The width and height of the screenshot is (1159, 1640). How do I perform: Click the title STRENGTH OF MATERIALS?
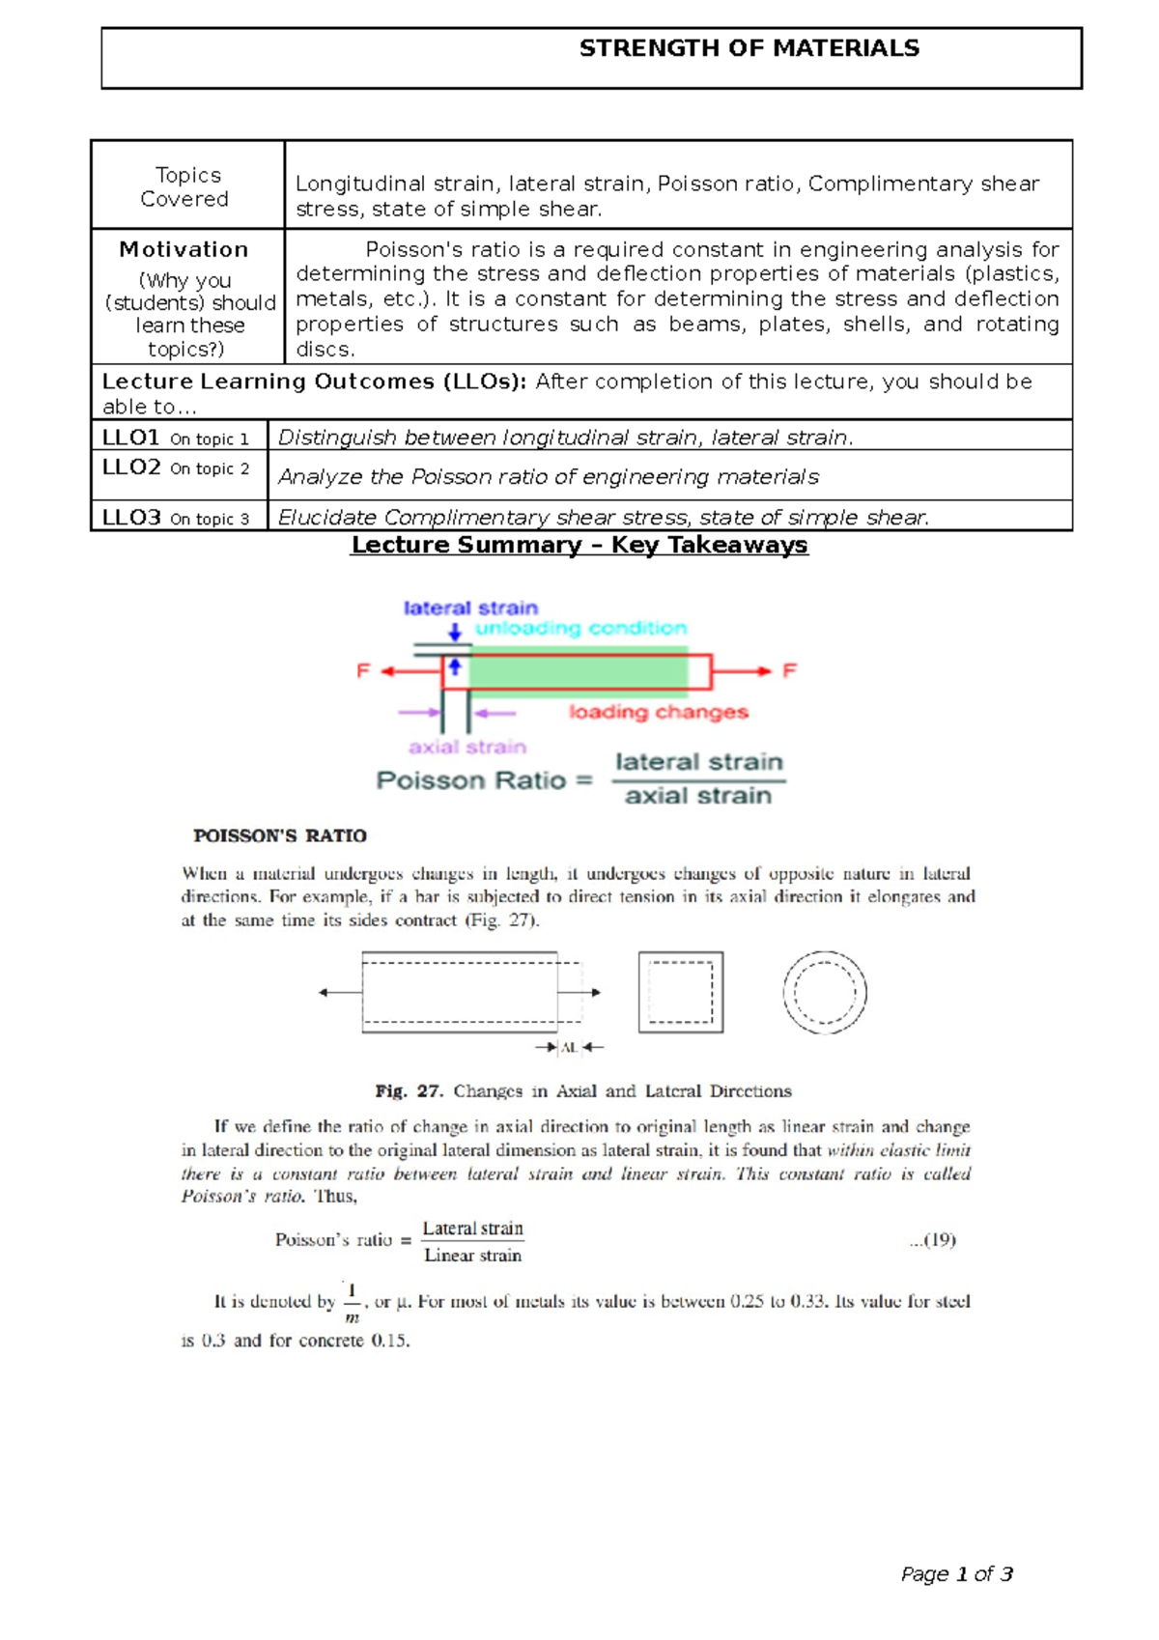[749, 48]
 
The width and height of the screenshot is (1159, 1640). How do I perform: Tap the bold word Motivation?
[184, 249]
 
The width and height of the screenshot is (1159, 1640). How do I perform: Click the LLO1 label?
[131, 438]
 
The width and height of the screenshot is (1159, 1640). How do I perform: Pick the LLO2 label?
[131, 467]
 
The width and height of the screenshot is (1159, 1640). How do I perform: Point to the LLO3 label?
[131, 518]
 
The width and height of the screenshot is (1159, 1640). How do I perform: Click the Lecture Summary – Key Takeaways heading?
[579, 545]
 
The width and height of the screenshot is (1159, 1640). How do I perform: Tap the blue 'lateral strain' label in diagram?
[470, 608]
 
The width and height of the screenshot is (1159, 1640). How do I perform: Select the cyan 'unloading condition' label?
[580, 628]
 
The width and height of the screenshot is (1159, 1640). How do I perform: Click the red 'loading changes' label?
[658, 712]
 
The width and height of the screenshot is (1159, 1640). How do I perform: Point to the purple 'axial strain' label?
[466, 747]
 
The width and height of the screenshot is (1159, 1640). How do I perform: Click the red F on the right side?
[789, 670]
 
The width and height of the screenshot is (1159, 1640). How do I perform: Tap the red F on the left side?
[363, 670]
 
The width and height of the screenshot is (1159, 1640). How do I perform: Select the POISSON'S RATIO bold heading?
[279, 835]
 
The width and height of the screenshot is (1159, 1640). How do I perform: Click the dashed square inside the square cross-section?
[680, 992]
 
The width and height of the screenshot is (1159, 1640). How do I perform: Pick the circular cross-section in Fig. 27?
[824, 992]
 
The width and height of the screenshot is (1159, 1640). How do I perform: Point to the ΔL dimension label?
[570, 1047]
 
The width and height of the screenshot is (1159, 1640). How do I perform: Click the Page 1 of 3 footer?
[956, 1574]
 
